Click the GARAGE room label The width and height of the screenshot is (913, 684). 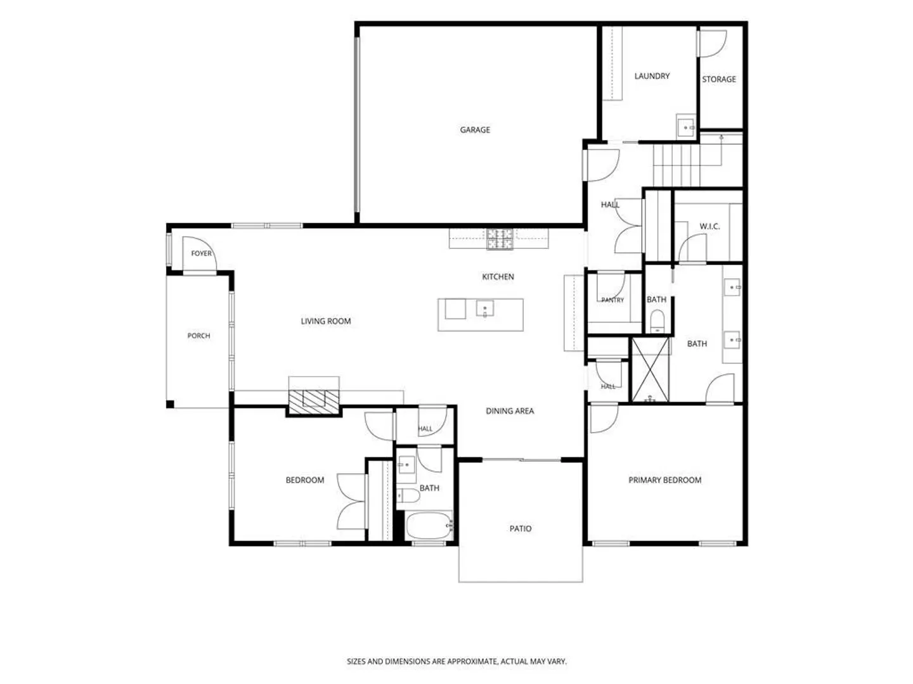[x=475, y=130]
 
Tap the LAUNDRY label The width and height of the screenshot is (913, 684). [x=652, y=76]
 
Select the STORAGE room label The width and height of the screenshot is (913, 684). [x=719, y=79]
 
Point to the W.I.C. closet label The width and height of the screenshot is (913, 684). [x=709, y=226]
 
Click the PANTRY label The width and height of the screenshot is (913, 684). [x=612, y=300]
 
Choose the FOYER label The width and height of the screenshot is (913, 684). [x=202, y=253]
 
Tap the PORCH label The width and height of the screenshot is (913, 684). [x=198, y=336]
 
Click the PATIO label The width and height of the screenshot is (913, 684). [x=521, y=529]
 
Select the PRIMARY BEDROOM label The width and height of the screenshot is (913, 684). [x=664, y=480]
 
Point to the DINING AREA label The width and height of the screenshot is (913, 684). [x=510, y=411]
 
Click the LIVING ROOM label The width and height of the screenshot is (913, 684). [x=326, y=321]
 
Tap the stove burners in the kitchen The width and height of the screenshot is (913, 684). [x=500, y=239]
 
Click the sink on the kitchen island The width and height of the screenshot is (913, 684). [x=484, y=308]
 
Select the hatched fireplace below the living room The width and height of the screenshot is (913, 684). [x=314, y=402]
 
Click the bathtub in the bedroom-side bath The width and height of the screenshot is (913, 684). [x=429, y=526]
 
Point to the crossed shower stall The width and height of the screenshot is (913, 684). [x=650, y=370]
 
